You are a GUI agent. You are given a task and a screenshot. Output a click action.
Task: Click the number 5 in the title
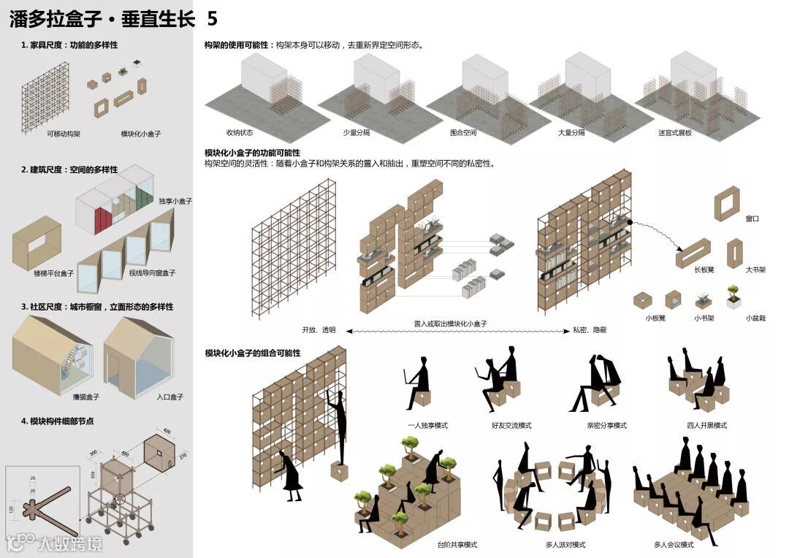coord(212,19)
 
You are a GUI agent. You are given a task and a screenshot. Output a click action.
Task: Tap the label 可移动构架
coord(64,134)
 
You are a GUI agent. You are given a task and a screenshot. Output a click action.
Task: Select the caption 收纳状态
coord(239,133)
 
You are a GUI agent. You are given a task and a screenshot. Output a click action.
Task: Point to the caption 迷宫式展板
coord(675,133)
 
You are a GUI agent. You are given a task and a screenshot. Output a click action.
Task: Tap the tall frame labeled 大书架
coord(734,253)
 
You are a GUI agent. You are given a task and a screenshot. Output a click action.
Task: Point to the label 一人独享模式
coord(428,426)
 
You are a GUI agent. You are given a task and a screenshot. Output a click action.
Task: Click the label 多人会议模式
coord(674,545)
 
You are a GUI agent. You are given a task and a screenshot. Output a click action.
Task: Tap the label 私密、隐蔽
coord(590,330)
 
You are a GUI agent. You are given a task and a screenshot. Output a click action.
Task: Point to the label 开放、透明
coord(319,330)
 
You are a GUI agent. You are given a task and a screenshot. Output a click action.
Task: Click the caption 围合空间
coord(463,133)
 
